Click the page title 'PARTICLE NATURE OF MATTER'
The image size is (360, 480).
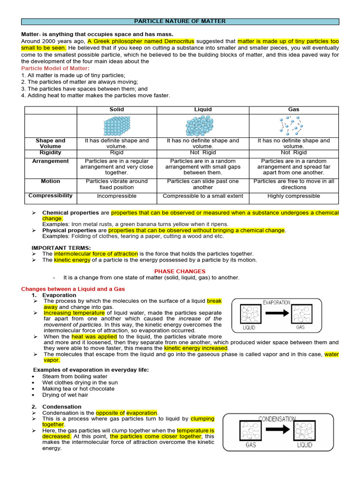coord(180,22)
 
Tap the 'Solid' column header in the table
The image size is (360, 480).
coord(116,109)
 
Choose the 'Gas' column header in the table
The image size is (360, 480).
coord(293,109)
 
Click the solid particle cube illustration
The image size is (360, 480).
coord(116,126)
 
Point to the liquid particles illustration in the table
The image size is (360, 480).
coord(199,126)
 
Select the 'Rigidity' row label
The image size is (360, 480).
coord(50,152)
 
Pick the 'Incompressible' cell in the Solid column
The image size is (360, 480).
coord(117,196)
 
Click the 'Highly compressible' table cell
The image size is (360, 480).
coord(293,196)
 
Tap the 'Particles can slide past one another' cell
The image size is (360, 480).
coord(203,184)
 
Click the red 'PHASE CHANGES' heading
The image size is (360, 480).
coord(180,271)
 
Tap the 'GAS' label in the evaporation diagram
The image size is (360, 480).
coord(300,328)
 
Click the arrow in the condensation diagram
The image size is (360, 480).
coord(281,428)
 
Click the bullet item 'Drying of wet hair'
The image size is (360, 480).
coord(65,395)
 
